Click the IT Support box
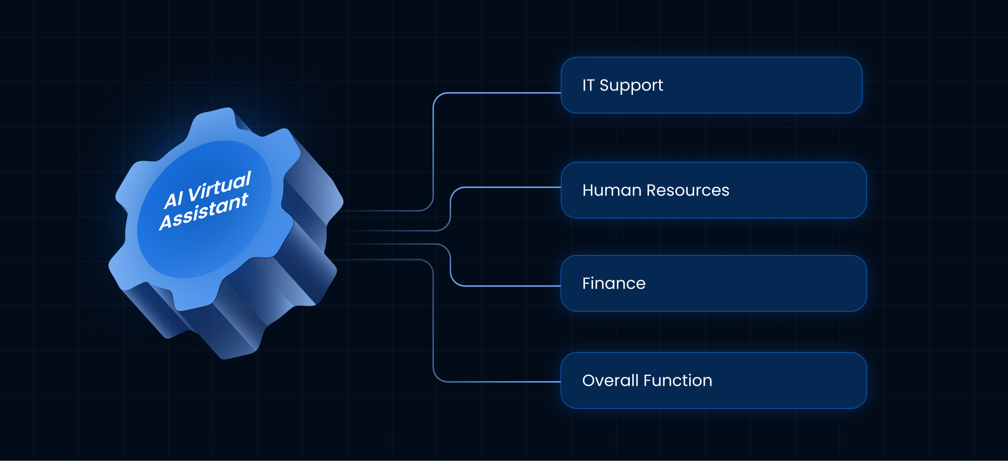click(x=711, y=85)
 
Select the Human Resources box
click(x=714, y=190)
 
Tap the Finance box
click(x=714, y=283)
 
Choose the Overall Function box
click(x=714, y=380)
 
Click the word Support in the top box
click(x=631, y=86)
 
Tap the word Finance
click(x=614, y=283)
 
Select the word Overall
click(x=610, y=380)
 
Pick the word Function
click(x=678, y=380)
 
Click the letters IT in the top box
click(x=588, y=85)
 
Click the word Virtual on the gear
click(x=220, y=187)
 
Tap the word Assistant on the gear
click(x=204, y=211)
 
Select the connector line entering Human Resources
click(x=451, y=209)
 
